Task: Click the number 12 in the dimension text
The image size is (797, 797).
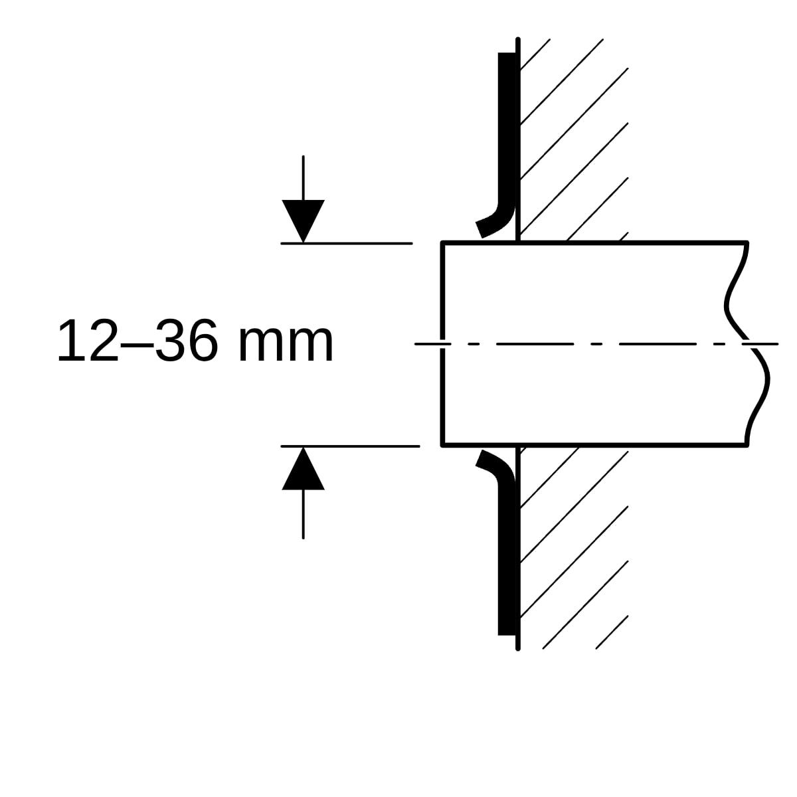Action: click(88, 341)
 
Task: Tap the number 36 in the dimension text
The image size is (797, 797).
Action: click(187, 341)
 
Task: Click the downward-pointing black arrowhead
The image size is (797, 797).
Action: click(303, 221)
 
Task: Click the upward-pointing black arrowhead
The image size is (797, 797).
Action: click(303, 468)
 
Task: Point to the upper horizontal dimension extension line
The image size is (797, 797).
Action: click(347, 243)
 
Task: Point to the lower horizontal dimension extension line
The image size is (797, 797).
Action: click(350, 446)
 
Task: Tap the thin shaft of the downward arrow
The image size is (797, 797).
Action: click(303, 178)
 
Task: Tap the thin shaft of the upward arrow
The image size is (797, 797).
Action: click(303, 514)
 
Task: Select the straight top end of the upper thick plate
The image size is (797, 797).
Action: click(507, 54)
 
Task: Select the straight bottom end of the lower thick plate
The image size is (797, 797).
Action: click(507, 634)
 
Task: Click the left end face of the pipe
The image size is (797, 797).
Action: click(442, 345)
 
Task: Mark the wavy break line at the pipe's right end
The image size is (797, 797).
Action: click(747, 345)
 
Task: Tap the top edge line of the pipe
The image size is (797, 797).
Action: click(594, 243)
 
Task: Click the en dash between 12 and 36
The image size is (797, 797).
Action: click(137, 344)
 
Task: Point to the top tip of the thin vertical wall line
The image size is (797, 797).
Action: click(518, 39)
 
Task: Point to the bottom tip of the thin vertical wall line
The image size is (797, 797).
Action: click(518, 648)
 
